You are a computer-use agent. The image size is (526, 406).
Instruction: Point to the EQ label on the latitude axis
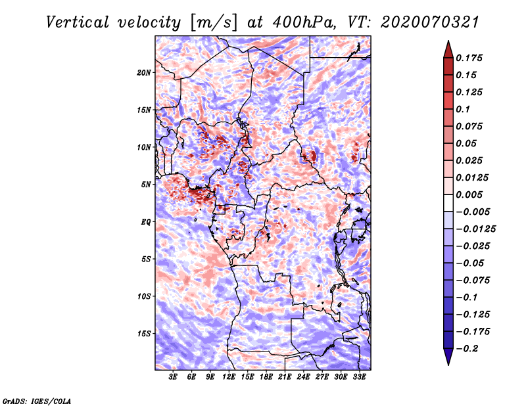(146, 222)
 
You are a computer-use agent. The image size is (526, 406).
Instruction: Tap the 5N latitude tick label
(146, 185)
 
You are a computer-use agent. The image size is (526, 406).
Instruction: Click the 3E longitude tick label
(174, 378)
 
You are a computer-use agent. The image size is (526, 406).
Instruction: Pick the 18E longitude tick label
(266, 378)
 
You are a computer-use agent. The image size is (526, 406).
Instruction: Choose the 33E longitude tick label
(360, 378)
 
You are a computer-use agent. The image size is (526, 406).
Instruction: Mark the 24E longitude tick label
(304, 378)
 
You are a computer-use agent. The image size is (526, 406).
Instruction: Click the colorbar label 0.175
(470, 58)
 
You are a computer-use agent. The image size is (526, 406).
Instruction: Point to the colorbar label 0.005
(470, 195)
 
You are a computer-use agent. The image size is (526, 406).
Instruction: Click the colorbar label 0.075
(470, 127)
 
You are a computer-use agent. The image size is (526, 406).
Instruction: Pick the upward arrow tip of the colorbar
(448, 43)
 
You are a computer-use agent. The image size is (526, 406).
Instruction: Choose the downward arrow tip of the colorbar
(448, 363)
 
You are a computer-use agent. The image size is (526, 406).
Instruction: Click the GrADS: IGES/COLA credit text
(37, 400)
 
